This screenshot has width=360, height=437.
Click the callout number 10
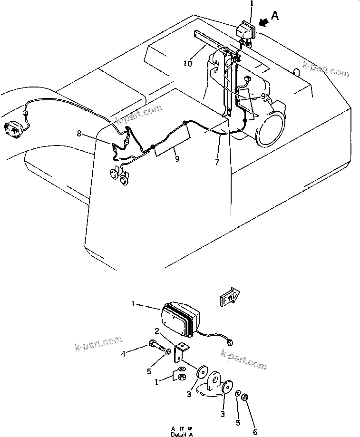coord(188,63)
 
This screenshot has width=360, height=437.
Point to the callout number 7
coord(217,163)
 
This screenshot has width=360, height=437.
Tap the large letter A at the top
coord(275,17)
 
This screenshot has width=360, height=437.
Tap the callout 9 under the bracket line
coord(177,159)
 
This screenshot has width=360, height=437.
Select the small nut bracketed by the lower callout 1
coord(181,377)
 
